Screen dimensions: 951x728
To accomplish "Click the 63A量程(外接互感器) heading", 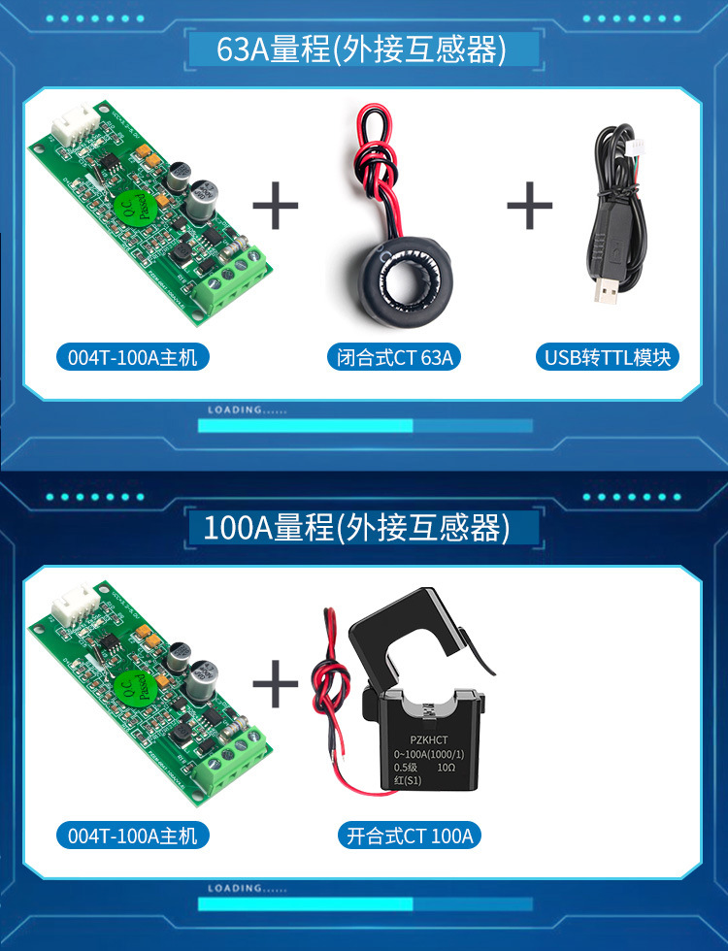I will click(362, 49).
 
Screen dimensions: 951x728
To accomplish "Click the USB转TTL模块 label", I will click(608, 357).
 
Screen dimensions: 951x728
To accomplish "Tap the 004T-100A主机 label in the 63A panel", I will click(132, 357).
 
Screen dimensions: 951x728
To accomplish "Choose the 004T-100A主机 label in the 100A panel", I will click(132, 836).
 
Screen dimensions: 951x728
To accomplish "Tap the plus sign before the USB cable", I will click(530, 205).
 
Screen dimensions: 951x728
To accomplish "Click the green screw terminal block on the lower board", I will click(232, 763).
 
